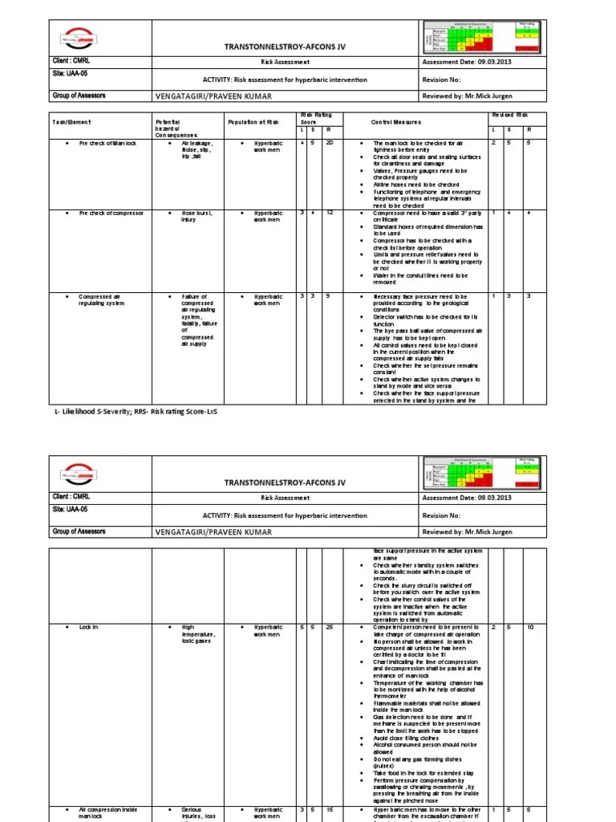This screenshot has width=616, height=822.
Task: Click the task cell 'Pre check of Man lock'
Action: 107,144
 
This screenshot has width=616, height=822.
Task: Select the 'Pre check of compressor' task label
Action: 111,214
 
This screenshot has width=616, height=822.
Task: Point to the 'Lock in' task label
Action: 88,626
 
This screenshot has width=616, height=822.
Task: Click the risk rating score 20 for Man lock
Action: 329,144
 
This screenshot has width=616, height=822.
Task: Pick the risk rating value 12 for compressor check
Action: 329,214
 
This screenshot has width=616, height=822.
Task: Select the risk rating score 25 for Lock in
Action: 329,626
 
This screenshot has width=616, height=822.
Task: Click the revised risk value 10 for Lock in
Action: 529,626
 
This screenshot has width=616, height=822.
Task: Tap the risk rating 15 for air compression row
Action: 329,810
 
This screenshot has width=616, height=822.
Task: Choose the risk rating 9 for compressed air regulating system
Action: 329,296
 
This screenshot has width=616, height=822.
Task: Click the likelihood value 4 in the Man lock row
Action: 302,144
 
